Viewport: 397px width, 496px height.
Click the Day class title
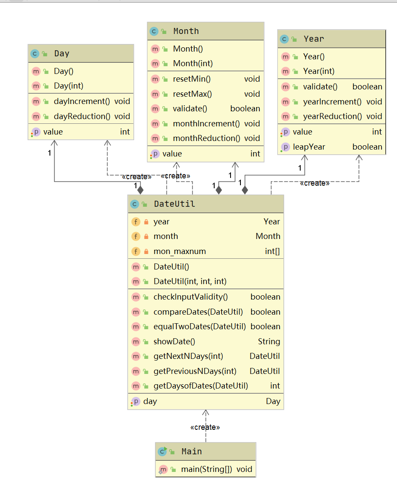click(62, 54)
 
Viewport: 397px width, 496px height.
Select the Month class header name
click(186, 31)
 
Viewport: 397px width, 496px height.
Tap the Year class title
click(314, 39)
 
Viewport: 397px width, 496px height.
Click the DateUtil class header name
click(174, 204)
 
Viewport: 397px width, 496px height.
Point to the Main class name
click(191, 452)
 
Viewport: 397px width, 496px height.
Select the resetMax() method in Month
click(192, 94)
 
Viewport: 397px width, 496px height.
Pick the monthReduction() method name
click(206, 138)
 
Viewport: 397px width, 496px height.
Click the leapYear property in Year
click(309, 147)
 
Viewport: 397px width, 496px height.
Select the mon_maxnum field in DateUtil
click(179, 251)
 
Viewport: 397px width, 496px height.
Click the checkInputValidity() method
click(191, 297)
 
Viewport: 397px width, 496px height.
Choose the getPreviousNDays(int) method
click(195, 371)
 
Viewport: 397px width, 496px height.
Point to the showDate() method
click(174, 342)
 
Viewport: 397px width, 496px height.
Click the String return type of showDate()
click(269, 342)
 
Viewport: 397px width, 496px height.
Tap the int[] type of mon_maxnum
click(272, 251)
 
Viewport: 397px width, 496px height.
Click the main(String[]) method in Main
click(206, 469)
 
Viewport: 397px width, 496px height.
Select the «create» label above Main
click(205, 427)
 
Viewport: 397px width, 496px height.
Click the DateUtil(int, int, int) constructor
click(190, 282)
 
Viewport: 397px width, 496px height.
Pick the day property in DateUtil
click(150, 401)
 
